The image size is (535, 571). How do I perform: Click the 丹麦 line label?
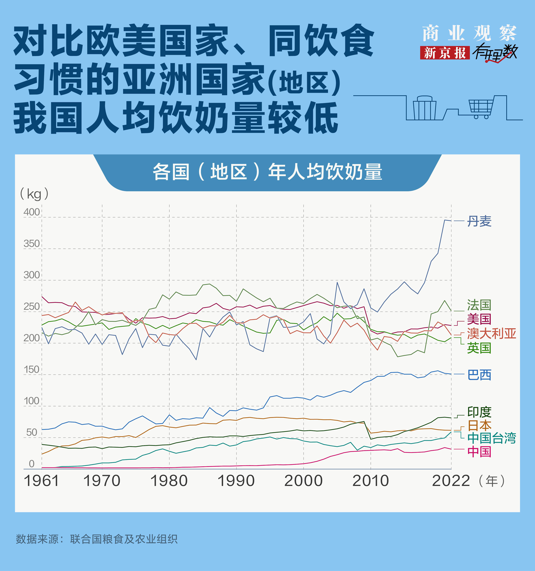pyautogui.click(x=479, y=221)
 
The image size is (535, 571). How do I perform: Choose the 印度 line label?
pyautogui.click(x=479, y=412)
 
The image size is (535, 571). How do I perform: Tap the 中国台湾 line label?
pyautogui.click(x=491, y=438)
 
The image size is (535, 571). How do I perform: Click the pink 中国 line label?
pyautogui.click(x=479, y=452)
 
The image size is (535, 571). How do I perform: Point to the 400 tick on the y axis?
pyautogui.click(x=32, y=212)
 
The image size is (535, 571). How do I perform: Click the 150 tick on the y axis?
pyautogui.click(x=32, y=369)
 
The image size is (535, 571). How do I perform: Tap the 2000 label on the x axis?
pyautogui.click(x=303, y=481)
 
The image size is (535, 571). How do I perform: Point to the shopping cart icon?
pyautogui.click(x=481, y=108)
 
